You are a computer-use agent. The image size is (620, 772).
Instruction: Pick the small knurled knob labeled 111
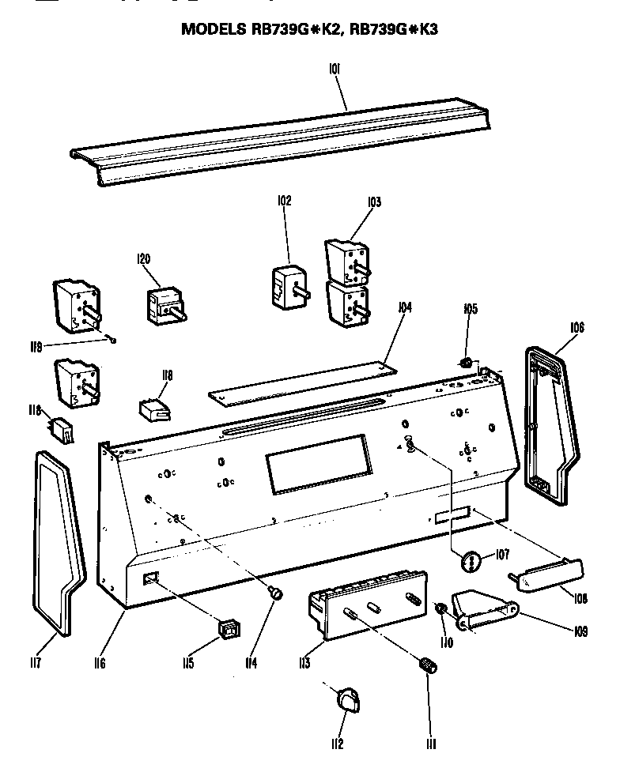point(429,665)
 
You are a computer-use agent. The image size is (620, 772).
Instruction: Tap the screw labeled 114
point(277,592)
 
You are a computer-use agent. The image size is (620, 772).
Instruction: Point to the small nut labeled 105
point(467,363)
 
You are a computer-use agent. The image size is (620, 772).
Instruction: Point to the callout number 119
point(36,345)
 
